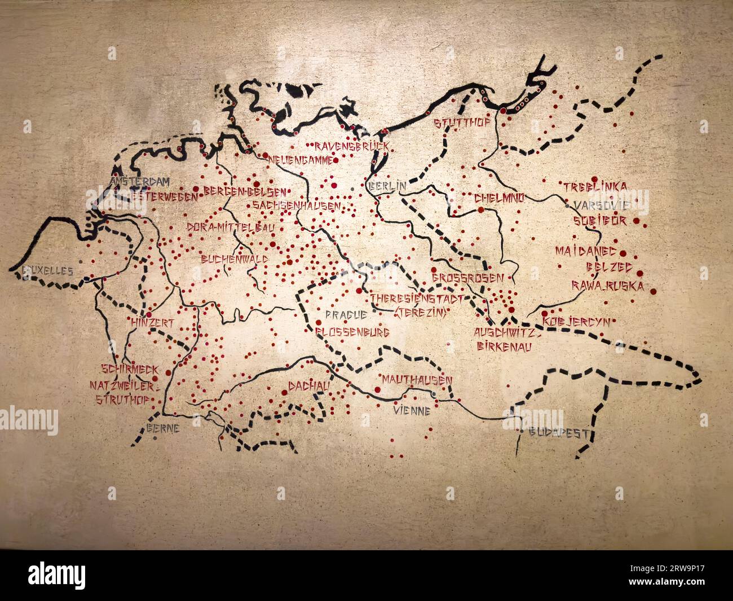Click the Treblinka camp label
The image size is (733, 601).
click(595, 186)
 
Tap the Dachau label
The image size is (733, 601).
click(308, 385)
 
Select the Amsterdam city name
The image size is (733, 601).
click(140, 182)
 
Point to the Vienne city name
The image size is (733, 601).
click(412, 411)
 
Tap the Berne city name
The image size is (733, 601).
click(163, 428)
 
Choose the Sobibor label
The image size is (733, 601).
click(599, 221)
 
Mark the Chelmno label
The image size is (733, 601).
click(499, 198)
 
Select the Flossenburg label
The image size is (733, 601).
click(352, 333)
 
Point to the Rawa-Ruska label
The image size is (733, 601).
click(607, 286)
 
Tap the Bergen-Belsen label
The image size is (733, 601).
click(244, 191)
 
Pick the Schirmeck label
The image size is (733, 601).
click(129, 369)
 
